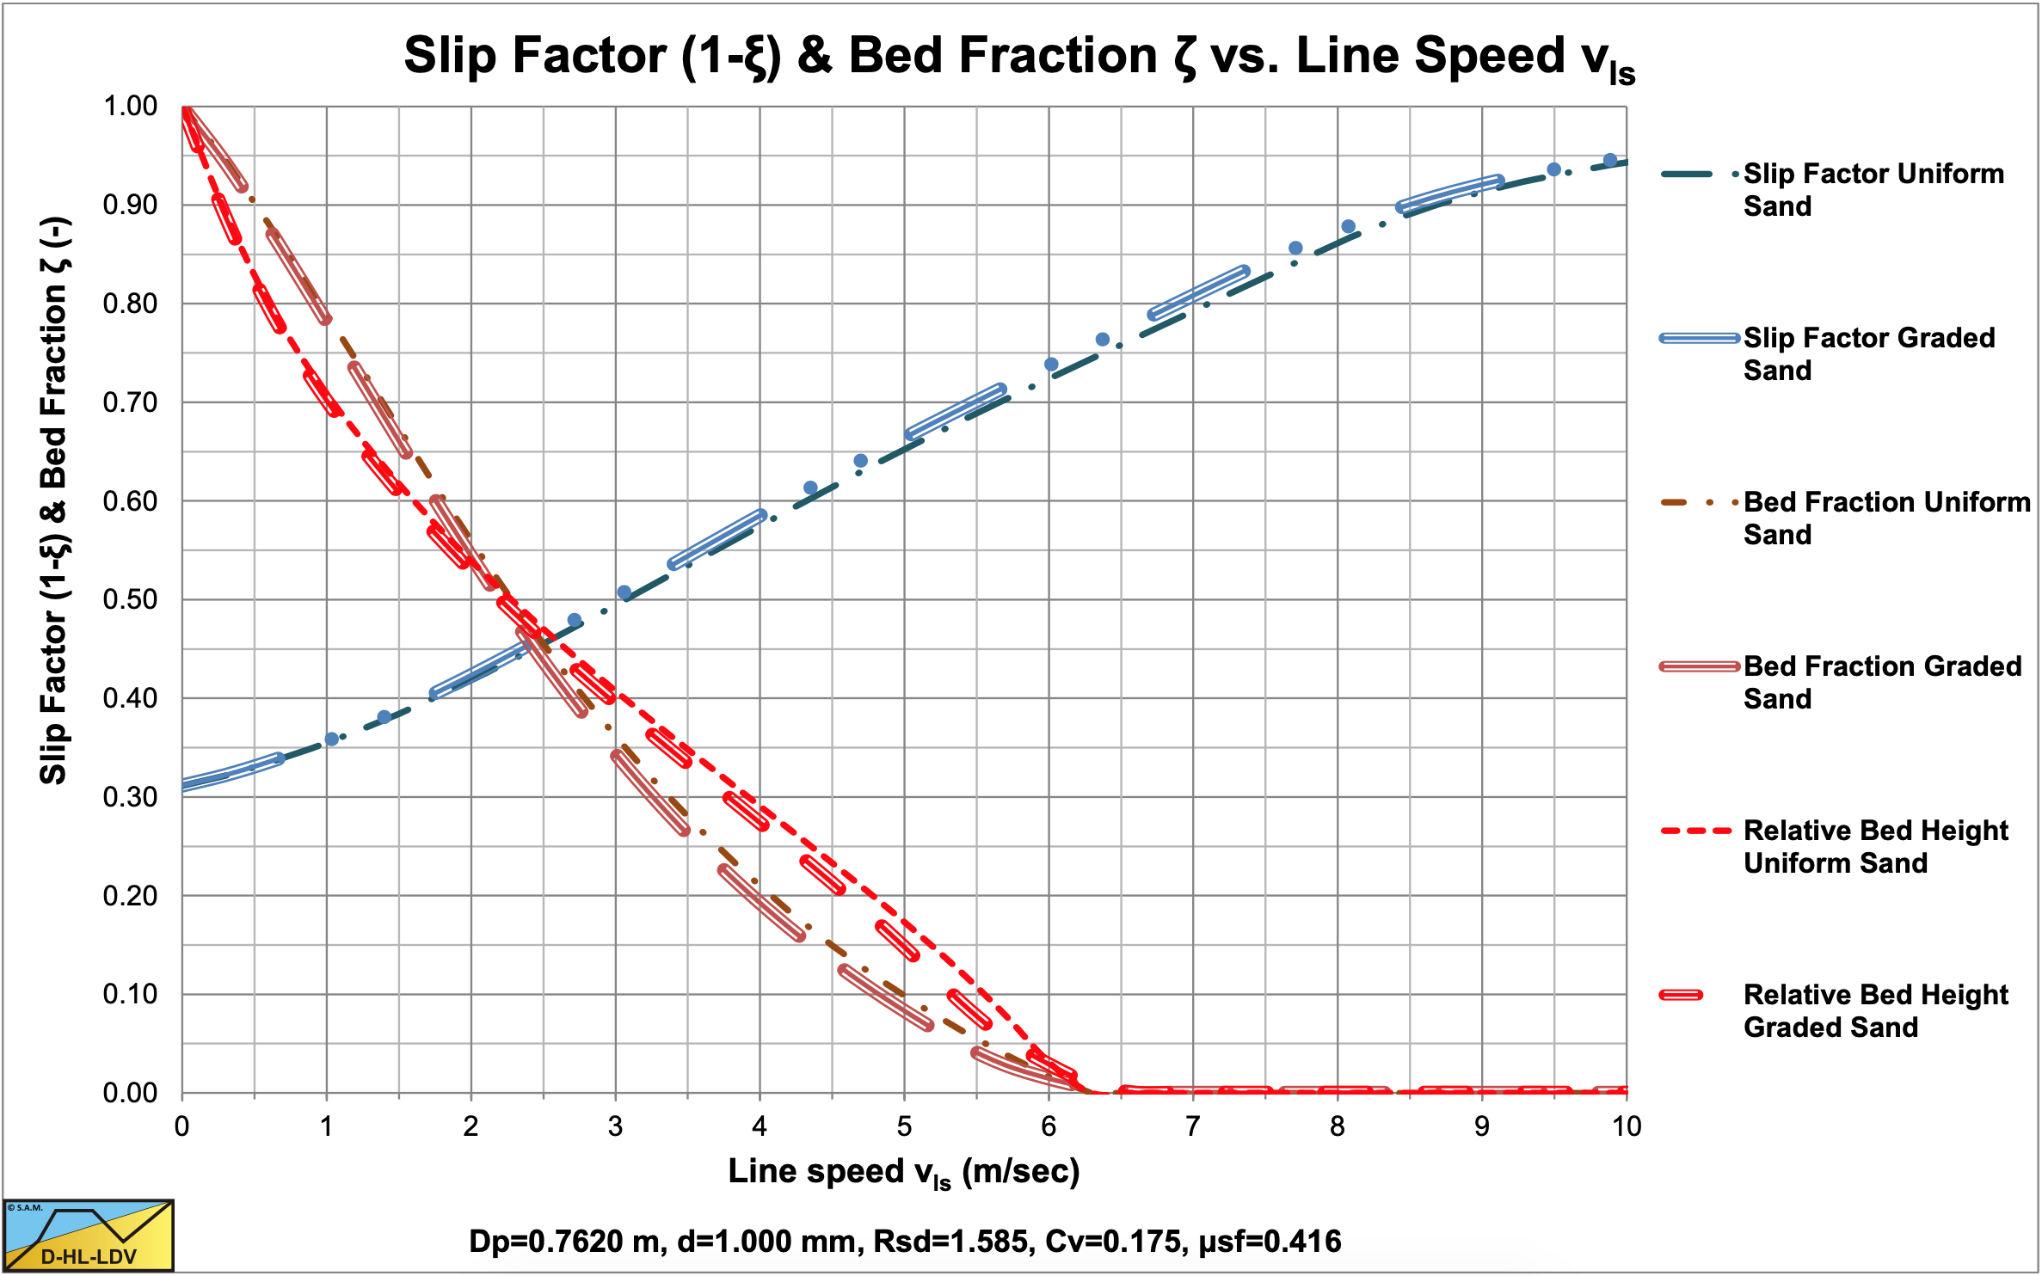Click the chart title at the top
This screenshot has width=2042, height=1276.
[x=1018, y=57]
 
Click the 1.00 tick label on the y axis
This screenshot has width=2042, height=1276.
[x=131, y=107]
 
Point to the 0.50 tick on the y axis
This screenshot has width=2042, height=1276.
[x=131, y=599]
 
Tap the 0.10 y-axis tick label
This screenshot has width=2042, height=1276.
[x=131, y=994]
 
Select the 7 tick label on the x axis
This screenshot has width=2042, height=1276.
[x=1193, y=1126]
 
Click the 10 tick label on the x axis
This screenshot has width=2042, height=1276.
[x=1626, y=1126]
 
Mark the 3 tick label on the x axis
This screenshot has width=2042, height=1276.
[x=615, y=1126]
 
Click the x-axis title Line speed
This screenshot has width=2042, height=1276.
[x=903, y=1173]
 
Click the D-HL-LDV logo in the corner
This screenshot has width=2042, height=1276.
[x=89, y=1236]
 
